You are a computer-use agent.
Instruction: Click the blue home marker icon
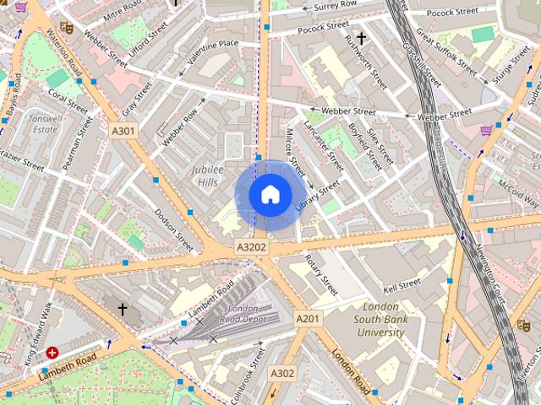(270, 195)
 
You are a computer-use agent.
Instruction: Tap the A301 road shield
(123, 131)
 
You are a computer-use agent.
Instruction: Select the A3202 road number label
(251, 247)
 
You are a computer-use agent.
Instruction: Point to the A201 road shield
(308, 318)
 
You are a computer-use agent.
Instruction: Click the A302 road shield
(281, 372)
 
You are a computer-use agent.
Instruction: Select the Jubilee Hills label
(208, 175)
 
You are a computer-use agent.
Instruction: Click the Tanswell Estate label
(43, 125)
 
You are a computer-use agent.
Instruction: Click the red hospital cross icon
(52, 353)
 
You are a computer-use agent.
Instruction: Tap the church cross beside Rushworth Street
(361, 38)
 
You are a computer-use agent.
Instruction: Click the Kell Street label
(402, 286)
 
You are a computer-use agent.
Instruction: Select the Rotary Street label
(321, 274)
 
